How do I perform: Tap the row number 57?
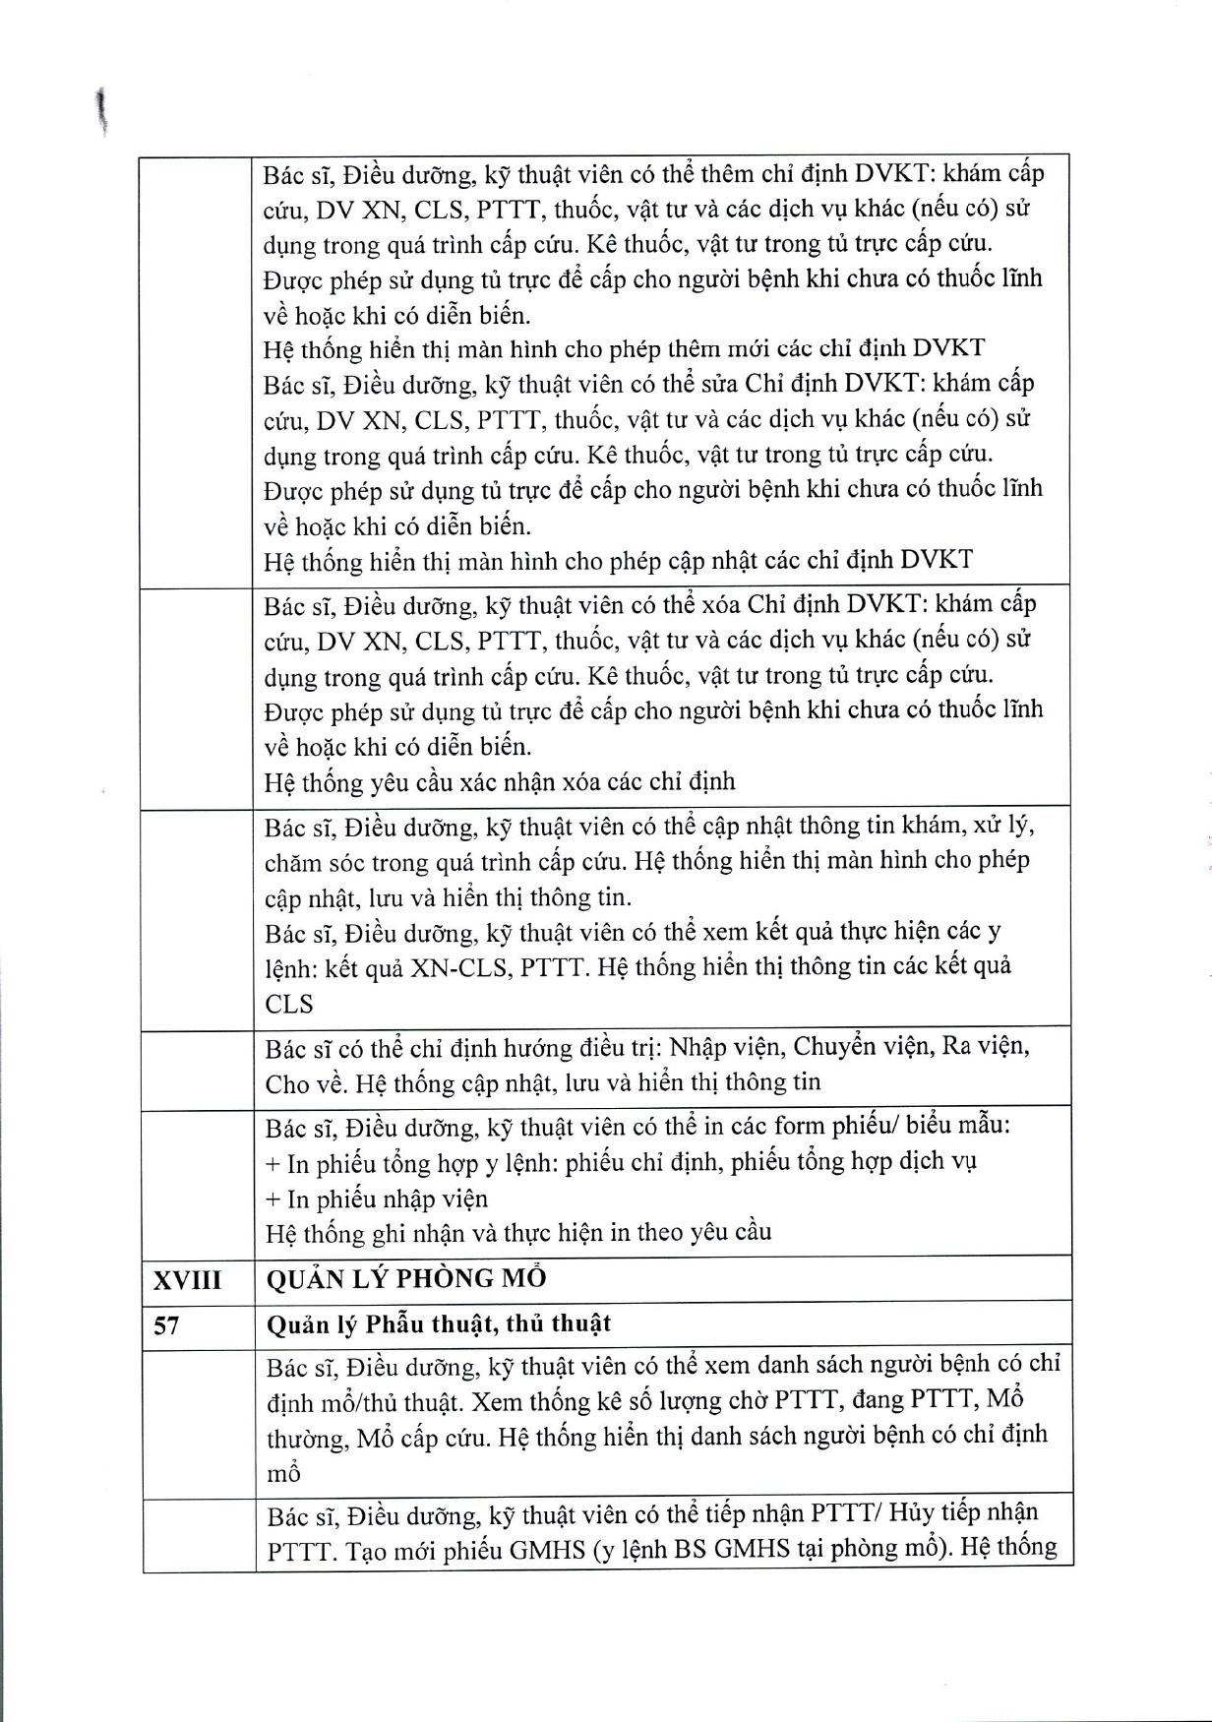pos(166,1326)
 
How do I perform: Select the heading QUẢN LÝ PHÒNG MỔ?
pos(406,1279)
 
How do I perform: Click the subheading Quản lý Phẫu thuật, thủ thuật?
pos(439,1324)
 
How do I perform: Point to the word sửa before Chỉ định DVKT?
pos(721,384)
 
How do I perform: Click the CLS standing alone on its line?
pos(289,1005)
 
